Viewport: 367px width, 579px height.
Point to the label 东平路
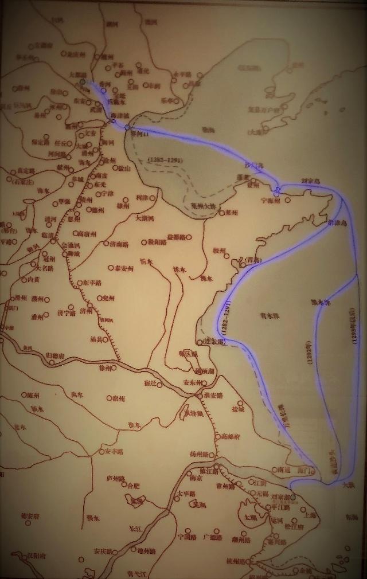pos(92,283)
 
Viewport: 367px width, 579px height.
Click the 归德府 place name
pos(62,355)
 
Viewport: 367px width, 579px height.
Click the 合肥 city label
pos(133,486)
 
